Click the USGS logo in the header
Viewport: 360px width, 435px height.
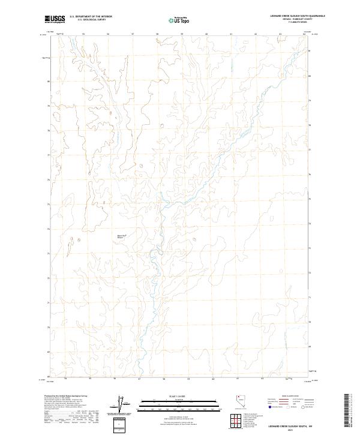(55, 19)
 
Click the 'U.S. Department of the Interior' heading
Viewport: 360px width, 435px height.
(91, 17)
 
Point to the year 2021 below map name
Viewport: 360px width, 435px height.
(287, 430)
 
